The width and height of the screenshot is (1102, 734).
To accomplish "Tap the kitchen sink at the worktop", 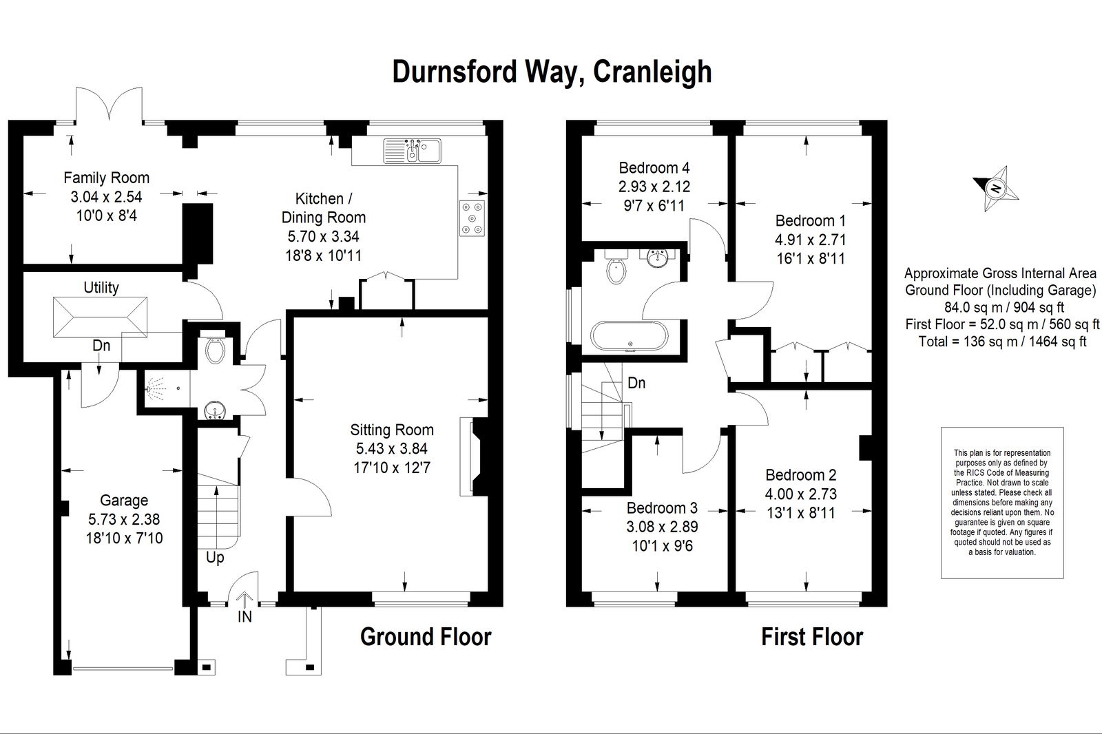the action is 413,151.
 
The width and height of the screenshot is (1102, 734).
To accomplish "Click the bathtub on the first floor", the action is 630,337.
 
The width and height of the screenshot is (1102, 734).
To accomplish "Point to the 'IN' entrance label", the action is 245,616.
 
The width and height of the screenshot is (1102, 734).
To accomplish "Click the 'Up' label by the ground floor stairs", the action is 215,558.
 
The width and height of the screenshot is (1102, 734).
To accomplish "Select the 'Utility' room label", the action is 101,287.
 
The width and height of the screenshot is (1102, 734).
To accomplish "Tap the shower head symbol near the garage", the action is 156,388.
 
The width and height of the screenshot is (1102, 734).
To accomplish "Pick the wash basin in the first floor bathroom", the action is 657,258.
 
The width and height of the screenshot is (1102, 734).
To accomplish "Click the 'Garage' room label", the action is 124,501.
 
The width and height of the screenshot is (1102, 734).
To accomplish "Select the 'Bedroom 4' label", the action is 654,168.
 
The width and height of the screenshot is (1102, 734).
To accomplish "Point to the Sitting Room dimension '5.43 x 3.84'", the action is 392,449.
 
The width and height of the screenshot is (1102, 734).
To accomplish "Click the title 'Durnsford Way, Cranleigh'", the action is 552,72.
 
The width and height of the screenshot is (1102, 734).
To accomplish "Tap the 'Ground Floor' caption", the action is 426,637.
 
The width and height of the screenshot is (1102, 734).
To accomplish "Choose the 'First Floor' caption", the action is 812,637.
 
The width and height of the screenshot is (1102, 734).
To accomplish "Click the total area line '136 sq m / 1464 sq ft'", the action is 1002,342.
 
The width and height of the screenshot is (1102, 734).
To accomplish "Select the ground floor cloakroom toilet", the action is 215,349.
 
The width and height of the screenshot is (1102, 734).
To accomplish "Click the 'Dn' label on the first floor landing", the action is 636,383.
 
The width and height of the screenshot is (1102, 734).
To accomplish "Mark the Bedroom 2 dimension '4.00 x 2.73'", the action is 801,494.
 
